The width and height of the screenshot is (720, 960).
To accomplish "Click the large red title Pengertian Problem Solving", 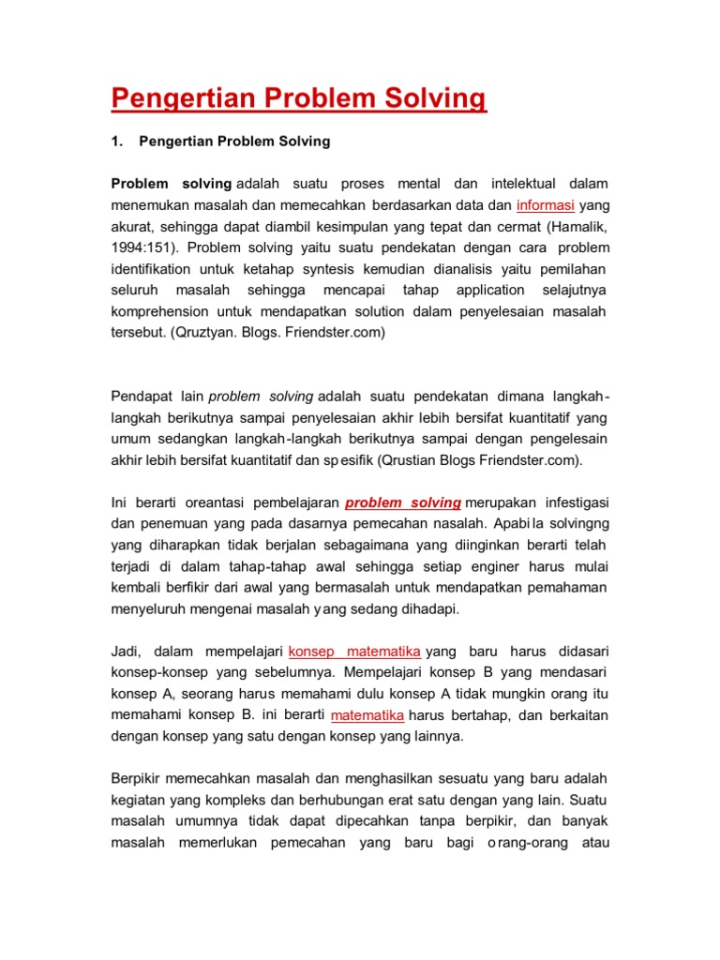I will [x=299, y=98].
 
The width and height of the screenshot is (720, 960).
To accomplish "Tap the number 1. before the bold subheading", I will [x=117, y=142].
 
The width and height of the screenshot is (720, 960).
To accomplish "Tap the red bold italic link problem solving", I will [x=403, y=502].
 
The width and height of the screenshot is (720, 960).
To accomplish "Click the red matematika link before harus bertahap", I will [x=367, y=714].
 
